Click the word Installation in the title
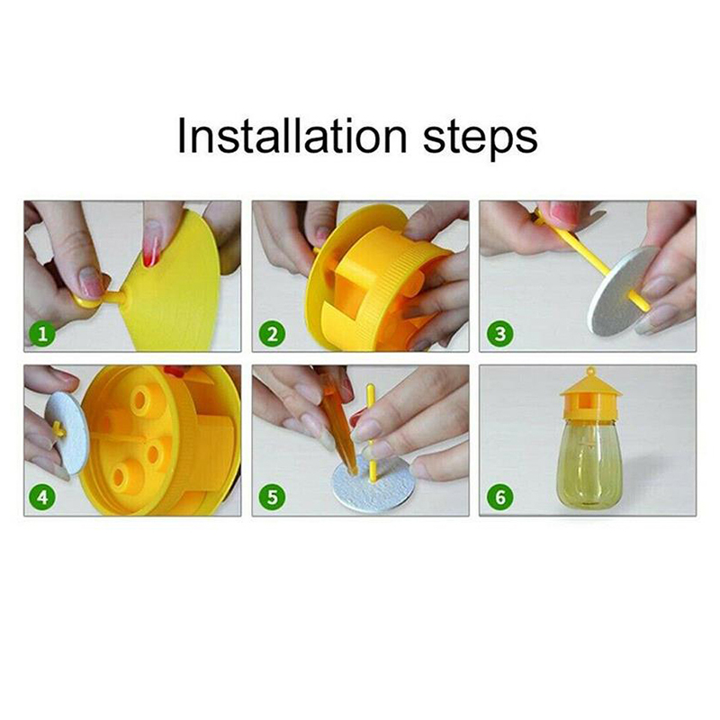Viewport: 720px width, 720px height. coord(292,136)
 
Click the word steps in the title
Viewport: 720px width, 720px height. coord(480,139)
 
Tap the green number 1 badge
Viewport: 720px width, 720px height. coord(42,334)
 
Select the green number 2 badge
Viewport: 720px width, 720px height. coord(272,334)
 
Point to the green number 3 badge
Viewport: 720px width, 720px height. coord(499,334)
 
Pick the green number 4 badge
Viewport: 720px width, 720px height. coord(42,498)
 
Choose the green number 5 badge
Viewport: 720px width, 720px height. coord(272,498)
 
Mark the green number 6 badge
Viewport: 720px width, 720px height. coord(499,498)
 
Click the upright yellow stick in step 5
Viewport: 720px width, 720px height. coord(371,433)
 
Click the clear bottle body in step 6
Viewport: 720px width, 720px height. coord(589,463)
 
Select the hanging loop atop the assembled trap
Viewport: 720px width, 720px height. coord(590,370)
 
